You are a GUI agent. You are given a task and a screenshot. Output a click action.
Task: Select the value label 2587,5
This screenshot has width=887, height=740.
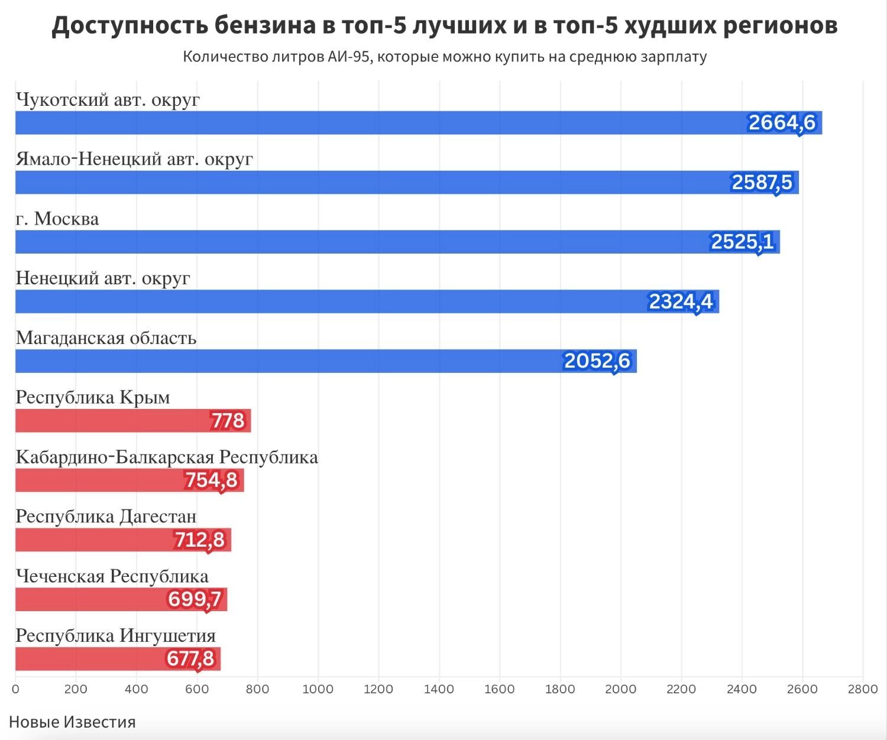pos(762,183)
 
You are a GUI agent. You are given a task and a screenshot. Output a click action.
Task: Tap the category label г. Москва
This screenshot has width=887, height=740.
pos(57,219)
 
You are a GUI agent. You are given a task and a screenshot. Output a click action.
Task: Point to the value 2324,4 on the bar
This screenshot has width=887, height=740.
pos(681,302)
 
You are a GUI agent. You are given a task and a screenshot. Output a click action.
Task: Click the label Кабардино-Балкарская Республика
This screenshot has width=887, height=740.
pos(167,457)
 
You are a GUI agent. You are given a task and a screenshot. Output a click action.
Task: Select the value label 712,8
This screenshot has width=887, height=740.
pos(199,540)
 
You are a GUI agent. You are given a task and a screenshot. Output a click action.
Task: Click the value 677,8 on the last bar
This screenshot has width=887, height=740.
pos(190,658)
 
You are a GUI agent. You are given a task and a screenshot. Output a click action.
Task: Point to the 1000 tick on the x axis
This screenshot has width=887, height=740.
pos(318,689)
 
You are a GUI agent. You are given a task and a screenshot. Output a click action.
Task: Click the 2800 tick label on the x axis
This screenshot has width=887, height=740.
pos(862,689)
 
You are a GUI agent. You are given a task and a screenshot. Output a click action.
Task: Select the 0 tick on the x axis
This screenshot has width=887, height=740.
pos(15,689)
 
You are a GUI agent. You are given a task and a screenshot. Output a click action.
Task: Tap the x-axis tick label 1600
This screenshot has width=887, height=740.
pos(500,689)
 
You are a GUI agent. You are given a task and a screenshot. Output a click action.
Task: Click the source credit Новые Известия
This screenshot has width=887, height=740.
pos(72,722)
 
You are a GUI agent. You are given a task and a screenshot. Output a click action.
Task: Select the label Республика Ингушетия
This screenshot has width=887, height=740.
pos(116,635)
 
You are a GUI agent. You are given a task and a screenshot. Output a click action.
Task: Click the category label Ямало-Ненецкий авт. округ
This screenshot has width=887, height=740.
pos(134,159)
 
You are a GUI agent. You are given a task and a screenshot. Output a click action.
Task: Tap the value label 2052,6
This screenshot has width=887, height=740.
pos(597,361)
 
